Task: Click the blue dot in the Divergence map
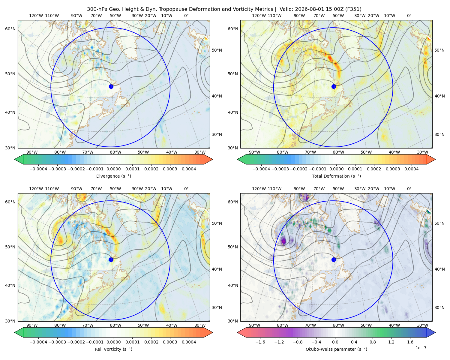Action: click(x=111, y=86)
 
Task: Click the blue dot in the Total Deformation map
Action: click(x=334, y=86)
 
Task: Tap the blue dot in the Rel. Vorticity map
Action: click(x=111, y=259)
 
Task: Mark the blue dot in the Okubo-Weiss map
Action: click(x=334, y=259)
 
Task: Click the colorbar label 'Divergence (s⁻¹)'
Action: click(x=113, y=176)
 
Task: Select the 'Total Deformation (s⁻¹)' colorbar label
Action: click(x=336, y=176)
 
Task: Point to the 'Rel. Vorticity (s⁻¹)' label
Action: click(x=113, y=349)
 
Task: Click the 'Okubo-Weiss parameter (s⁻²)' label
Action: click(x=336, y=349)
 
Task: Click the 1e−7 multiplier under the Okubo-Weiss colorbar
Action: click(x=421, y=348)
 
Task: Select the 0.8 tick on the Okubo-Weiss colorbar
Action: click(x=373, y=342)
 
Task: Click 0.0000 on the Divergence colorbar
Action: click(x=113, y=169)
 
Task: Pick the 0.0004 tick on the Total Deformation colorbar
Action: click(x=411, y=169)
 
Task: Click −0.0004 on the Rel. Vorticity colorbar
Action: click(x=38, y=342)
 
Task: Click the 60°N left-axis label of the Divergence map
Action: click(x=10, y=29)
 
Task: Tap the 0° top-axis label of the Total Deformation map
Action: click(x=409, y=16)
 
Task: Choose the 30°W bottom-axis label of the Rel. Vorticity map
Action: click(x=200, y=325)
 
